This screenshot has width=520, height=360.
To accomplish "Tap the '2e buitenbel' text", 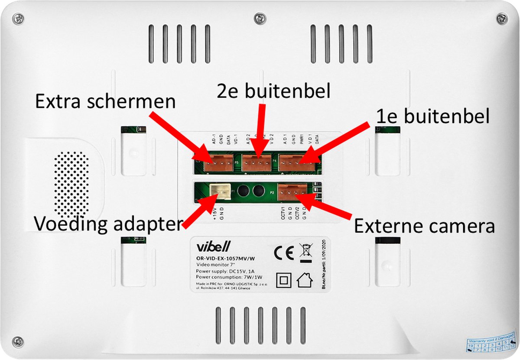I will point(273,92).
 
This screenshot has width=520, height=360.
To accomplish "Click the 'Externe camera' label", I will point(424,226).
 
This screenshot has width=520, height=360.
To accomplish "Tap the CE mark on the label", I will point(284,251).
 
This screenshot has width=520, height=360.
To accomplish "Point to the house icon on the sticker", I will point(305,280).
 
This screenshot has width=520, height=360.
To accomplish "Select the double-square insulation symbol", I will point(284,280).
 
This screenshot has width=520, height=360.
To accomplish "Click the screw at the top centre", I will point(260,18).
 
